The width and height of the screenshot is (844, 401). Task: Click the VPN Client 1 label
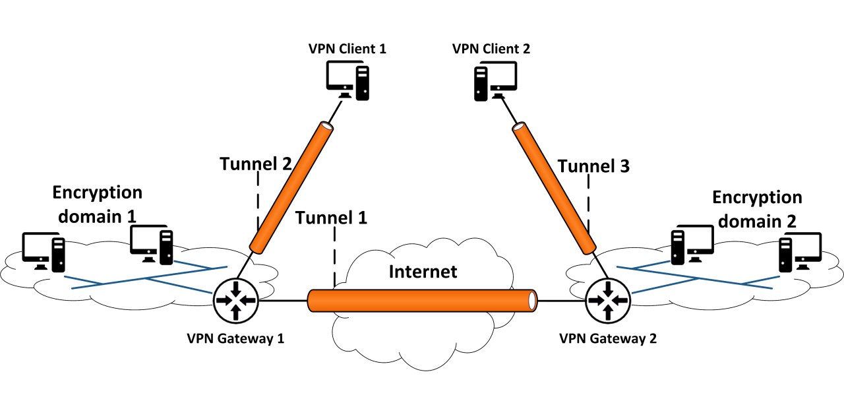[x=347, y=49]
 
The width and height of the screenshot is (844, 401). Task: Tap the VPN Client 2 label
[x=491, y=49]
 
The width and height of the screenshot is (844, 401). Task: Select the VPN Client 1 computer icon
[x=347, y=80]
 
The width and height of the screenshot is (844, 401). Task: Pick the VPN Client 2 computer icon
[x=495, y=81]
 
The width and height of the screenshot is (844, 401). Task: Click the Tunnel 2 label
[x=255, y=164]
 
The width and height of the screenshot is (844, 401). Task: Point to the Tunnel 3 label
[x=593, y=166]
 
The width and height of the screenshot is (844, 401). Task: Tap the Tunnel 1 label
[x=331, y=218]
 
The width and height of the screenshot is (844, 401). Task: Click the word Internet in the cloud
[x=423, y=272]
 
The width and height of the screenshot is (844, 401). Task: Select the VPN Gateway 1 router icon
[x=236, y=301]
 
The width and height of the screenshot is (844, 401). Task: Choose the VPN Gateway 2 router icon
[x=608, y=301]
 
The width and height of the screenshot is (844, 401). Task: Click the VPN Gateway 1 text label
[x=235, y=338]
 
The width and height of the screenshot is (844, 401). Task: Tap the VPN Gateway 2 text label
[x=608, y=338]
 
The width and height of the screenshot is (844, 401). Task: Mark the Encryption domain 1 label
[x=97, y=204]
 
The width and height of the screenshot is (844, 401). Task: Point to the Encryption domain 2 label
[x=758, y=210]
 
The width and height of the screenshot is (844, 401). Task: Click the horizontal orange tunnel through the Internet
[x=423, y=301]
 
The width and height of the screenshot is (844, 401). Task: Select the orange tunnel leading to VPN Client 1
[x=291, y=187]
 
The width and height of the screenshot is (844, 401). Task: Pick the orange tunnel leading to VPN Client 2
[x=554, y=188]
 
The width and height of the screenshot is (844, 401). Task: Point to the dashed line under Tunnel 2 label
[x=258, y=201]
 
